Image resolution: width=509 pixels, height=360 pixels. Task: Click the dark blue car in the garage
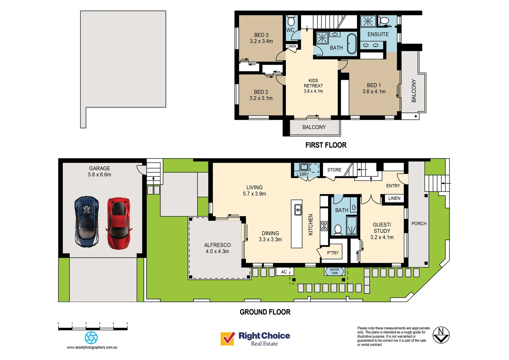tap(87, 221)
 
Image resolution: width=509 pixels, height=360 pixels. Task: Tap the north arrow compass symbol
tap(441, 335)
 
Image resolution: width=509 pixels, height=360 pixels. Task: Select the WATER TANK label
tap(334, 271)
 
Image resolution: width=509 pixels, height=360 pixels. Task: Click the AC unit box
tap(284, 272)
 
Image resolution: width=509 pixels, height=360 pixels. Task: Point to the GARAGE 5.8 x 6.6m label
tap(100, 171)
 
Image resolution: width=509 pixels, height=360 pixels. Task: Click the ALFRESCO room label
tap(217, 248)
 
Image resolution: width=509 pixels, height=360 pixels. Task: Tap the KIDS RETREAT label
tap(313, 85)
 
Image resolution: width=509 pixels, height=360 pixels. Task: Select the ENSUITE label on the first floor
tap(378, 34)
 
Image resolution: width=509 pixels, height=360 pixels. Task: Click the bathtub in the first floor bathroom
tap(352, 43)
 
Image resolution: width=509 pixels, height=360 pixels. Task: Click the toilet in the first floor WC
tap(291, 21)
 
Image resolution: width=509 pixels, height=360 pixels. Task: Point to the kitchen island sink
tap(298, 210)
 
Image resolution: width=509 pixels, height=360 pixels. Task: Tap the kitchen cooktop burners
tap(324, 226)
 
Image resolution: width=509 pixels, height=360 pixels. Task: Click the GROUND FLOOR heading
tap(265, 312)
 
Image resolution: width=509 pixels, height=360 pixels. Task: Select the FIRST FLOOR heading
tap(326, 145)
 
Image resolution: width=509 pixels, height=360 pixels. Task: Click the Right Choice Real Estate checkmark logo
tap(228, 339)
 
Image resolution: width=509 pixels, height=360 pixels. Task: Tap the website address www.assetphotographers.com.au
tap(92, 347)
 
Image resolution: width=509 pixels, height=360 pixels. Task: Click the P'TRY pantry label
tap(332, 253)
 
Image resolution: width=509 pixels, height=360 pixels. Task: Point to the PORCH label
tap(419, 223)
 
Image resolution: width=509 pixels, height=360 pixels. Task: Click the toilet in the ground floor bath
tap(338, 229)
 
